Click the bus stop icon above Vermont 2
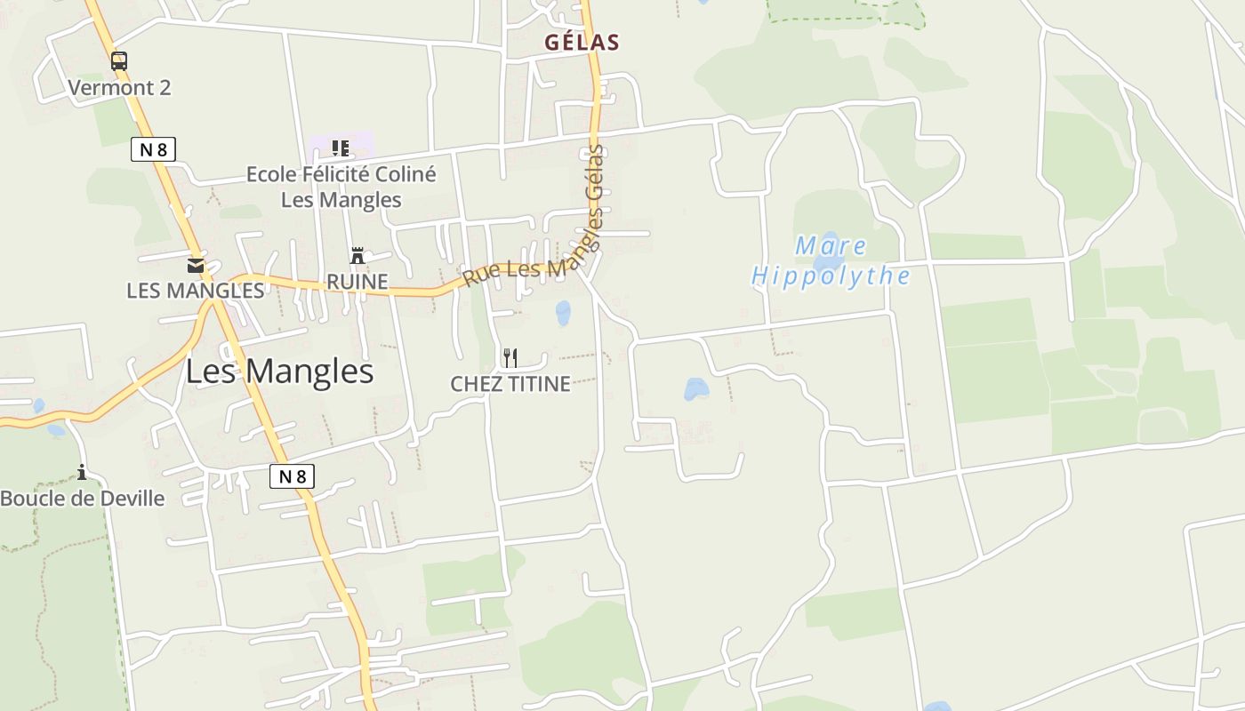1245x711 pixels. coord(118,61)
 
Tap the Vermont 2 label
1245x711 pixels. coord(119,87)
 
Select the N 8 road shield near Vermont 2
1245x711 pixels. coord(153,149)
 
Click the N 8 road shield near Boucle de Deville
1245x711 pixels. coord(292,476)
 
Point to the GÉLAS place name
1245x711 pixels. coord(582,42)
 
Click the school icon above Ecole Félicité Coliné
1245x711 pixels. coord(340,148)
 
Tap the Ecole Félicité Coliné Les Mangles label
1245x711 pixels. coord(341,187)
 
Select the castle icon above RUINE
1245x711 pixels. coord(357,256)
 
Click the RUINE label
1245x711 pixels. coord(357,282)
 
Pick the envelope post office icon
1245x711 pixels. coord(196,265)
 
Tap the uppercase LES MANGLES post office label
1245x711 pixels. coord(196,291)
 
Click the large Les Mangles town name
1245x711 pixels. coord(279,371)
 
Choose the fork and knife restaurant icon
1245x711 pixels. coord(510,358)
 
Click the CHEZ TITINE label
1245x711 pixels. coord(510,384)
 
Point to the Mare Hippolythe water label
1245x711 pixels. coord(831,260)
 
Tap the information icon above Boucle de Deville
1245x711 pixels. coord(82,472)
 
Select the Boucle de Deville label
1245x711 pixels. coord(83,498)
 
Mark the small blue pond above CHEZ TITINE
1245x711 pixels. coord(563,312)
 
